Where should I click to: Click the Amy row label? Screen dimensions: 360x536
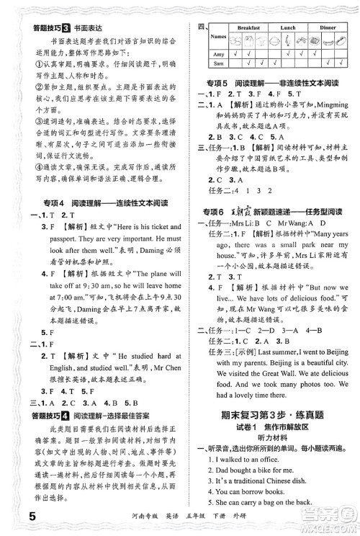point(217,54)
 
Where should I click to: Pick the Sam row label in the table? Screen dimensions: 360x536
point(217,65)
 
